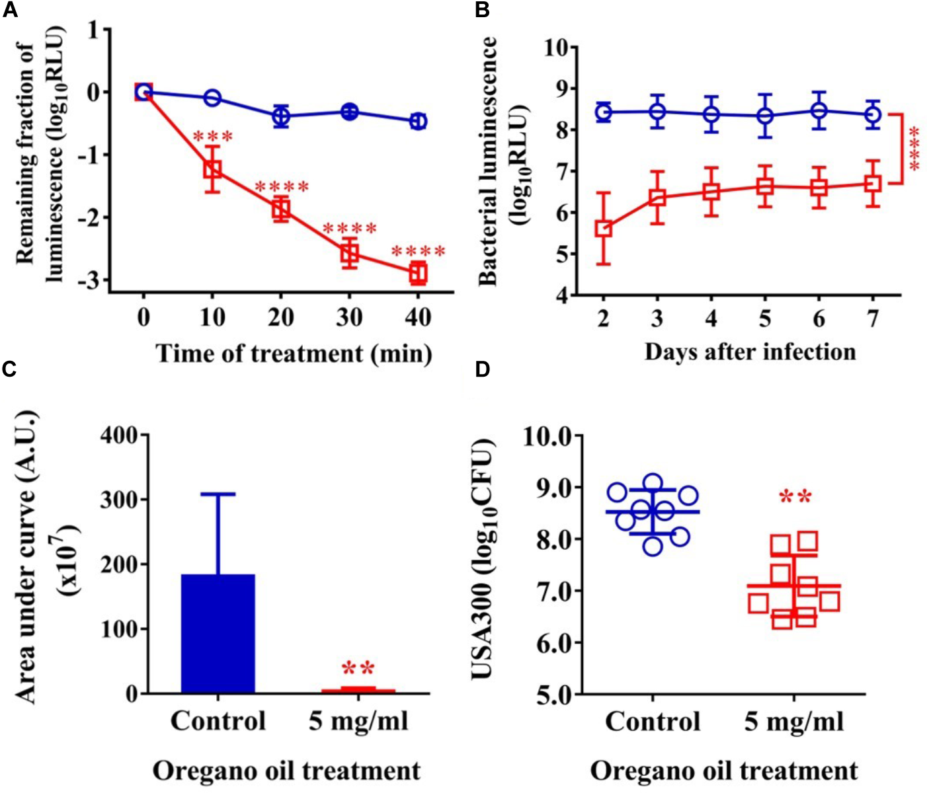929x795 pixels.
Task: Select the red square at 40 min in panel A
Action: point(418,272)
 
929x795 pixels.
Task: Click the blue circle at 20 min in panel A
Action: point(281,116)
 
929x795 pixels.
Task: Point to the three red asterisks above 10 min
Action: point(212,137)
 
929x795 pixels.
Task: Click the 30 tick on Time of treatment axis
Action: point(349,317)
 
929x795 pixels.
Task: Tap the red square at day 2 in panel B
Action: point(603,229)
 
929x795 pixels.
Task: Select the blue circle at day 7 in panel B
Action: point(873,114)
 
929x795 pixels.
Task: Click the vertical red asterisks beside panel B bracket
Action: point(914,149)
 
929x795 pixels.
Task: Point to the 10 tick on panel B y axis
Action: point(557,48)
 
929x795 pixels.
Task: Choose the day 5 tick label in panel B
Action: point(765,319)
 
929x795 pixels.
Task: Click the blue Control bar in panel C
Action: point(218,633)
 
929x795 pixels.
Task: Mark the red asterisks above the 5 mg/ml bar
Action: point(358,668)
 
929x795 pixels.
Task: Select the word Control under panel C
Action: point(218,721)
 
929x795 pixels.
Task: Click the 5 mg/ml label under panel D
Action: point(794,721)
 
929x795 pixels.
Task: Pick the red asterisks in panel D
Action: point(795,498)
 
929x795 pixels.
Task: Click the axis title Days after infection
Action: point(750,352)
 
